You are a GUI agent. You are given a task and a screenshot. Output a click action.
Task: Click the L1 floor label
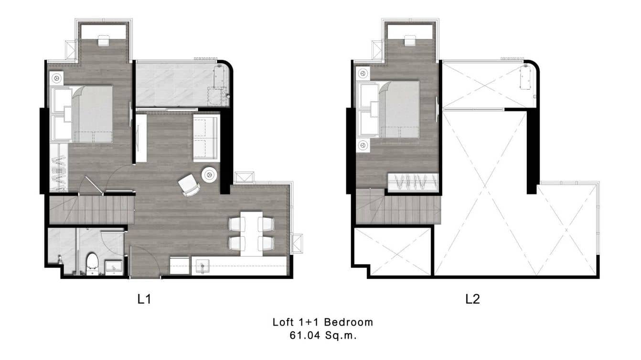(x=144, y=299)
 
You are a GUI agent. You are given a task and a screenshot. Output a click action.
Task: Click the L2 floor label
(x=472, y=299)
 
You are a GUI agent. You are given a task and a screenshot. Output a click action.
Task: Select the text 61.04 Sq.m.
(x=323, y=335)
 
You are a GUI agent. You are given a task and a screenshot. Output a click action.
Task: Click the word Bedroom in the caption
(x=352, y=322)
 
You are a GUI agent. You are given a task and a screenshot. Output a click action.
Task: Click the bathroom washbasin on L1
(x=113, y=267)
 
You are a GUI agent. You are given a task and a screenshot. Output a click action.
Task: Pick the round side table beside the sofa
(x=209, y=175)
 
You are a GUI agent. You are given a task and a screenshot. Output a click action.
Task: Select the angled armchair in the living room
(x=188, y=185)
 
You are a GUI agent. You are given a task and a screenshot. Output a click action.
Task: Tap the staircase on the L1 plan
(x=91, y=210)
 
